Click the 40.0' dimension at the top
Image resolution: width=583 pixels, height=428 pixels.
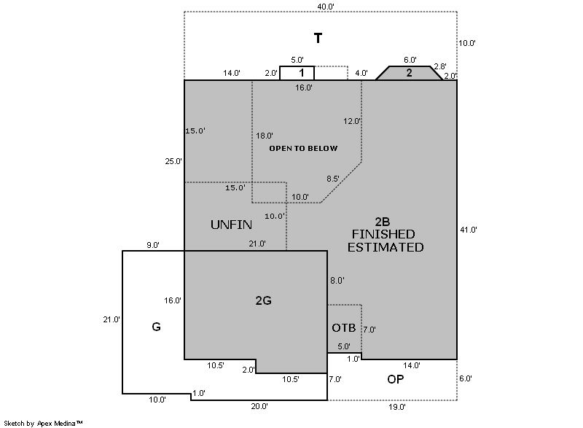[326, 7]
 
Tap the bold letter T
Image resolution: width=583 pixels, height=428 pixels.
[318, 38]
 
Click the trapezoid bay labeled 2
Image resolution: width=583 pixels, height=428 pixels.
[409, 73]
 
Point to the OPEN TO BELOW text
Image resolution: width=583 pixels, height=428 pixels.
[303, 148]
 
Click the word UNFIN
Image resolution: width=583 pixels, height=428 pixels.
[231, 225]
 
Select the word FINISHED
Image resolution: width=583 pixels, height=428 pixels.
[383, 234]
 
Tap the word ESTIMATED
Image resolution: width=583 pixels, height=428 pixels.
[386, 247]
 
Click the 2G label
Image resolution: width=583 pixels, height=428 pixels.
[263, 300]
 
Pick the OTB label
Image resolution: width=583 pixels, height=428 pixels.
[344, 327]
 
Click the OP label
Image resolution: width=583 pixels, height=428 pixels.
[395, 379]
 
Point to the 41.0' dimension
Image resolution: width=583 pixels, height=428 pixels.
[469, 230]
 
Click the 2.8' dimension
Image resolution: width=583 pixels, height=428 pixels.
[440, 66]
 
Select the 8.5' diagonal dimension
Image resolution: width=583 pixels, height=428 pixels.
[333, 179]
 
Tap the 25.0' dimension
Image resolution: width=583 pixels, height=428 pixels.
[173, 161]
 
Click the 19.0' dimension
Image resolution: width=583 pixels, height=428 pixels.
[397, 407]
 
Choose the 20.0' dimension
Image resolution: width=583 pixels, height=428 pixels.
[259, 406]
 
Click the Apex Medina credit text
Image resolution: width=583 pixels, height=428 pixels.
[60, 423]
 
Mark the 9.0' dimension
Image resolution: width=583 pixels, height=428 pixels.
[153, 245]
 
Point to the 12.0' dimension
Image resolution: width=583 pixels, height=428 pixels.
[352, 121]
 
